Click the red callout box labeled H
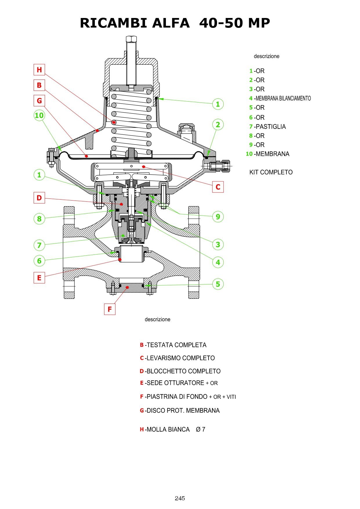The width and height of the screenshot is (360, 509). click(39, 70)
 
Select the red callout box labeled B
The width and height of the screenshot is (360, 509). click(39, 85)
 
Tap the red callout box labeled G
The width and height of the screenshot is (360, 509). click(39, 101)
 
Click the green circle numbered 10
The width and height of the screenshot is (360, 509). click(39, 115)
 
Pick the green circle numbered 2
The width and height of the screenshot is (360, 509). click(218, 125)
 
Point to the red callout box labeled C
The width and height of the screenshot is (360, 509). click(218, 187)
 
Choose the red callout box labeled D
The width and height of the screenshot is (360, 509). click(39, 198)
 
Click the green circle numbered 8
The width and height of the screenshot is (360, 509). click(39, 219)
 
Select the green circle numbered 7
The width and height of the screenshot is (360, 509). click(39, 245)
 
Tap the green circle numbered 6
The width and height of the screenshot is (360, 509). click(39, 261)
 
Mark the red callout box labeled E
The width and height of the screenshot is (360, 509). click(39, 278)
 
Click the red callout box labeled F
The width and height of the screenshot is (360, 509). click(110, 309)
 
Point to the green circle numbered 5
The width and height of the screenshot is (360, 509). click(218, 284)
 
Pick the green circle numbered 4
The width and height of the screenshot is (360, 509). click(218, 262)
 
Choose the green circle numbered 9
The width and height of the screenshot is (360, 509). click(218, 216)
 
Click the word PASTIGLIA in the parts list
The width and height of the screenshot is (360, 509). click(271, 127)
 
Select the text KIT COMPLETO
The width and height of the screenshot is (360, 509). click(271, 172)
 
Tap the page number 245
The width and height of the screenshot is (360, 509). click(180, 498)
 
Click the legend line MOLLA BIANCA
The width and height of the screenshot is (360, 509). click(168, 429)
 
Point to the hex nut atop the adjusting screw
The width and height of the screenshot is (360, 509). click(132, 39)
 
